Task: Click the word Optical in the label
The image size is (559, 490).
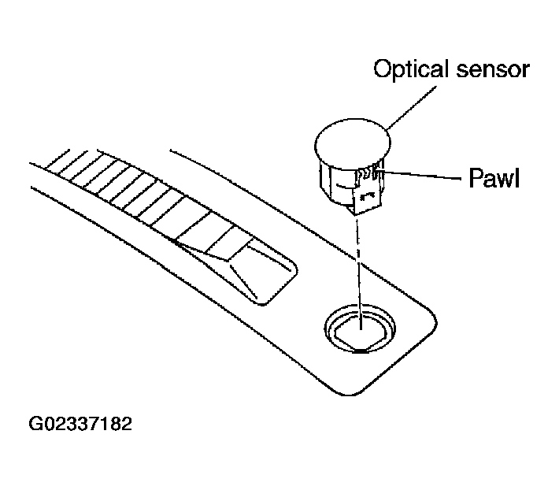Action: (411, 69)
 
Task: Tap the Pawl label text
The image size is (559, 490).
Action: (494, 177)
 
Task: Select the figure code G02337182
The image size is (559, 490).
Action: (80, 424)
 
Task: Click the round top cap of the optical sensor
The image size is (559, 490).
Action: (353, 143)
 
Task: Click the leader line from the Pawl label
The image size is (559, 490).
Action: (420, 175)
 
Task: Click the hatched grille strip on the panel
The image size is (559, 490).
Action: (143, 195)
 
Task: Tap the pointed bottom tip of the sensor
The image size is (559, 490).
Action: (354, 215)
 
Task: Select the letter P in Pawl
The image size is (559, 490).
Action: (476, 177)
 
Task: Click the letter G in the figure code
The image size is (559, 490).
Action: (35, 424)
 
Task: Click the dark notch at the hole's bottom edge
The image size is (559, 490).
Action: (360, 351)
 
